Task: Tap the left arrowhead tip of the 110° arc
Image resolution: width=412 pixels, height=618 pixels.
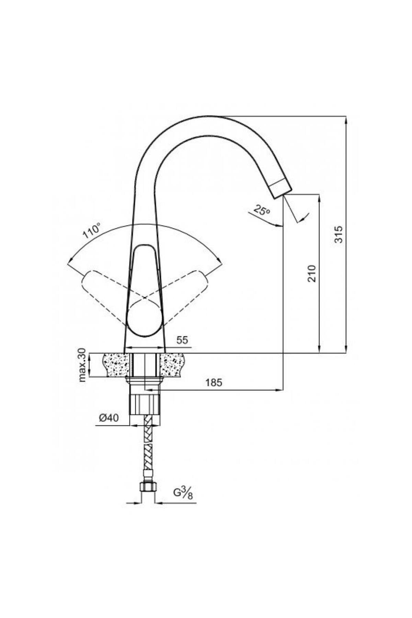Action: (x=68, y=264)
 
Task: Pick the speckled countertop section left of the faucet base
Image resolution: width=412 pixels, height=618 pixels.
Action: (x=116, y=365)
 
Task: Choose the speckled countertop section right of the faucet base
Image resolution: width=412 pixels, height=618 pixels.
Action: (x=173, y=365)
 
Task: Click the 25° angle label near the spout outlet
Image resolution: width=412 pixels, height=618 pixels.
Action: (x=262, y=209)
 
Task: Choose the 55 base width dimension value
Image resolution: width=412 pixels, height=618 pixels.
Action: (x=182, y=340)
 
